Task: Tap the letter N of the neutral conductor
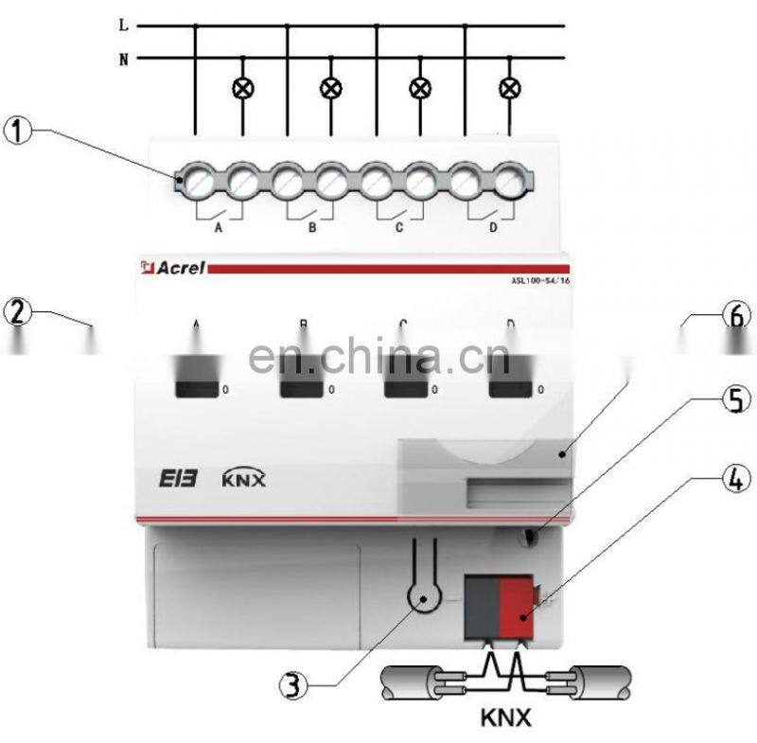click(x=123, y=59)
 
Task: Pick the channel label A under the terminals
click(x=220, y=228)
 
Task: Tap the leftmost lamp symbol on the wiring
click(x=241, y=88)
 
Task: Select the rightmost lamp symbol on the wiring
click(x=511, y=88)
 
